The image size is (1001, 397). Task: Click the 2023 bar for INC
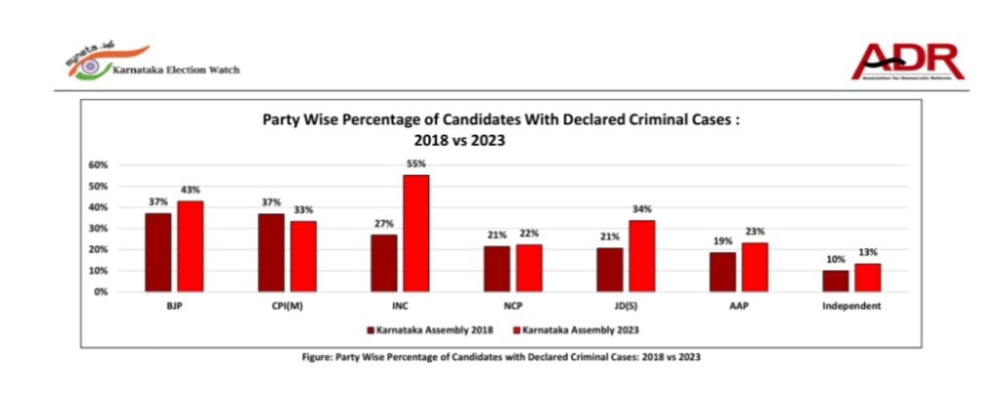[415, 234]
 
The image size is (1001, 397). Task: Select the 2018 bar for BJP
[158, 252]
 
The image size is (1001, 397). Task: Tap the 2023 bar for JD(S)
[641, 256]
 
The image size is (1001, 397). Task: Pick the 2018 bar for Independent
[836, 281]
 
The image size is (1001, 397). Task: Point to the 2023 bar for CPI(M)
[303, 256]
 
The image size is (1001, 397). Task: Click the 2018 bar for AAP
[722, 272]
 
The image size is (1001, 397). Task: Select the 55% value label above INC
[416, 164]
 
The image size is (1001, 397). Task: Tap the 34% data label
[641, 209]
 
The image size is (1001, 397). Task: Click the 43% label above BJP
[191, 190]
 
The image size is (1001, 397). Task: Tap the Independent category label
[851, 306]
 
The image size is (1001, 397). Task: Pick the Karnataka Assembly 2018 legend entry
[426, 331]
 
